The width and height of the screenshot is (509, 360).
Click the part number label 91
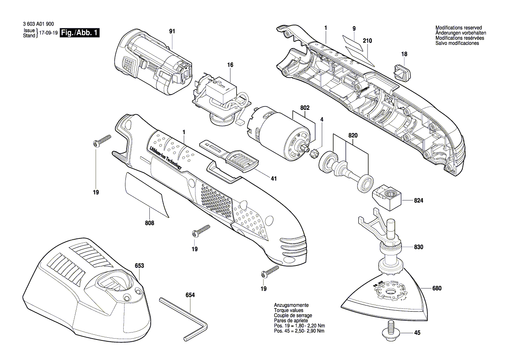click(172, 31)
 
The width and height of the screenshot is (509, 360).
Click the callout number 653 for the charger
click(139, 265)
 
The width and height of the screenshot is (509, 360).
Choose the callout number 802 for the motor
click(305, 107)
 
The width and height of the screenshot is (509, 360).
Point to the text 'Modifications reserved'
click(458, 28)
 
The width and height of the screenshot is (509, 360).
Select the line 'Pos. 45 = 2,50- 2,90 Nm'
click(299, 331)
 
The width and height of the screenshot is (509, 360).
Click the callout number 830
click(418, 247)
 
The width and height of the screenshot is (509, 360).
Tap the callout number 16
click(230, 65)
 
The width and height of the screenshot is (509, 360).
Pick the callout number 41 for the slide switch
click(273, 178)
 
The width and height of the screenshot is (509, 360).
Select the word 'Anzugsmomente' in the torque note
click(291, 305)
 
